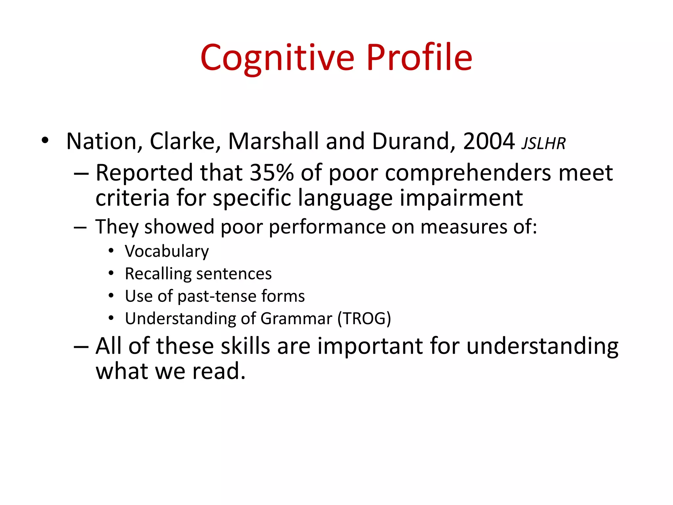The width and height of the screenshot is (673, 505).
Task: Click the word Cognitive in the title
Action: pos(277,58)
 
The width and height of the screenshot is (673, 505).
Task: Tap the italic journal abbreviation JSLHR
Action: pos(544,144)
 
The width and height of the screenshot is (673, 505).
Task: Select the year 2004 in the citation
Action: pos(489,141)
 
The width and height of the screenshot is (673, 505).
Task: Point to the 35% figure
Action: pos(271,173)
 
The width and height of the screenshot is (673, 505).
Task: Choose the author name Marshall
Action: pos(273,141)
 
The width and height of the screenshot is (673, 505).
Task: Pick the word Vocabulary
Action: pos(167,252)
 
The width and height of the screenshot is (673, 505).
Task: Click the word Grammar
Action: pos(296,319)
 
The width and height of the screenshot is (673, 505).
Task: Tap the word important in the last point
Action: pos(370,346)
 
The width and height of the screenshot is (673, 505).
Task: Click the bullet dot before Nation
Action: pos(45,141)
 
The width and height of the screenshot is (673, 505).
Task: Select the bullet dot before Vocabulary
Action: pos(111,251)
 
